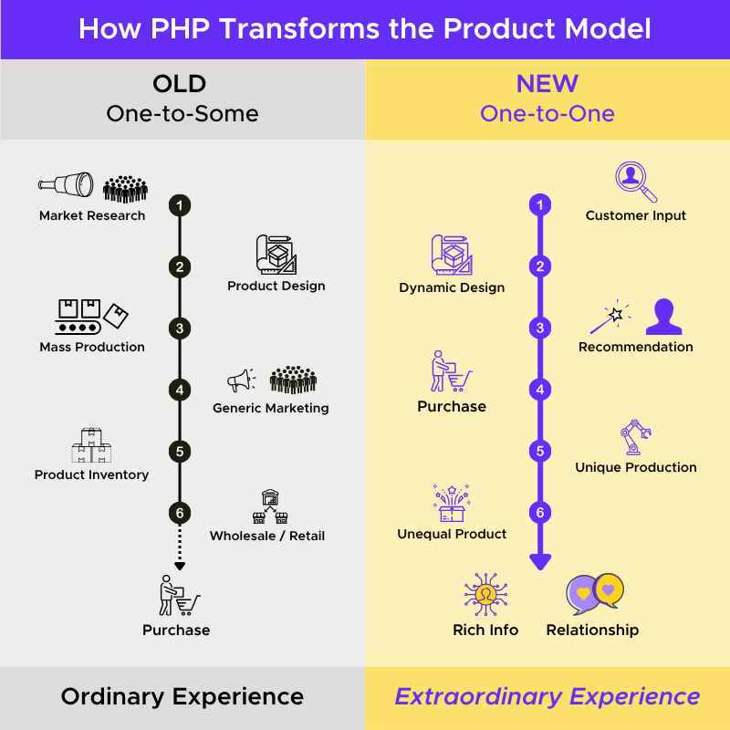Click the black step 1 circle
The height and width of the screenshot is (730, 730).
pyautogui.click(x=180, y=205)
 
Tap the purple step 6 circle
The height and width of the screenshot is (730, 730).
pyautogui.click(x=540, y=513)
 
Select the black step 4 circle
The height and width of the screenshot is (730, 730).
pyautogui.click(x=180, y=391)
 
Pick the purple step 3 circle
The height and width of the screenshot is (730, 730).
pyautogui.click(x=540, y=328)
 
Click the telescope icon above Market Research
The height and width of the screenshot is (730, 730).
pyautogui.click(x=66, y=185)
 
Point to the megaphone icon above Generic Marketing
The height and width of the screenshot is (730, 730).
pyautogui.click(x=241, y=381)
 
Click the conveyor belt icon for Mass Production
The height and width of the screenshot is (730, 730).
pyautogui.click(x=80, y=317)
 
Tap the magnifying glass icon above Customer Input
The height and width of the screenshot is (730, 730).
pyautogui.click(x=636, y=182)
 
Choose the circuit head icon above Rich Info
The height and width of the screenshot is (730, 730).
pyautogui.click(x=485, y=594)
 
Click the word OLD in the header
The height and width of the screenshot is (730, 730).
pyautogui.click(x=180, y=85)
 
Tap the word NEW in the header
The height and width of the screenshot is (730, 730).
pyautogui.click(x=547, y=85)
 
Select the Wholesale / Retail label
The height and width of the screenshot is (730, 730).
pyautogui.click(x=267, y=536)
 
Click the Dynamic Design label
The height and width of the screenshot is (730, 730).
pyautogui.click(x=452, y=287)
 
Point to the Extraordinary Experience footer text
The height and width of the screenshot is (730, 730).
pyautogui.click(x=547, y=697)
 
